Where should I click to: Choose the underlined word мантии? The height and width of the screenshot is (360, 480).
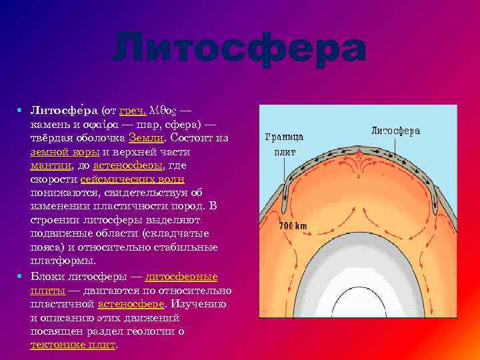50,166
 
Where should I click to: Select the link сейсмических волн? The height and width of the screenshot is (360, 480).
132,180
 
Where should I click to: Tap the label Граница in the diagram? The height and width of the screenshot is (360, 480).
284,137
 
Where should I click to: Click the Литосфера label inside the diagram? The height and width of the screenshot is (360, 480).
395,131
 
